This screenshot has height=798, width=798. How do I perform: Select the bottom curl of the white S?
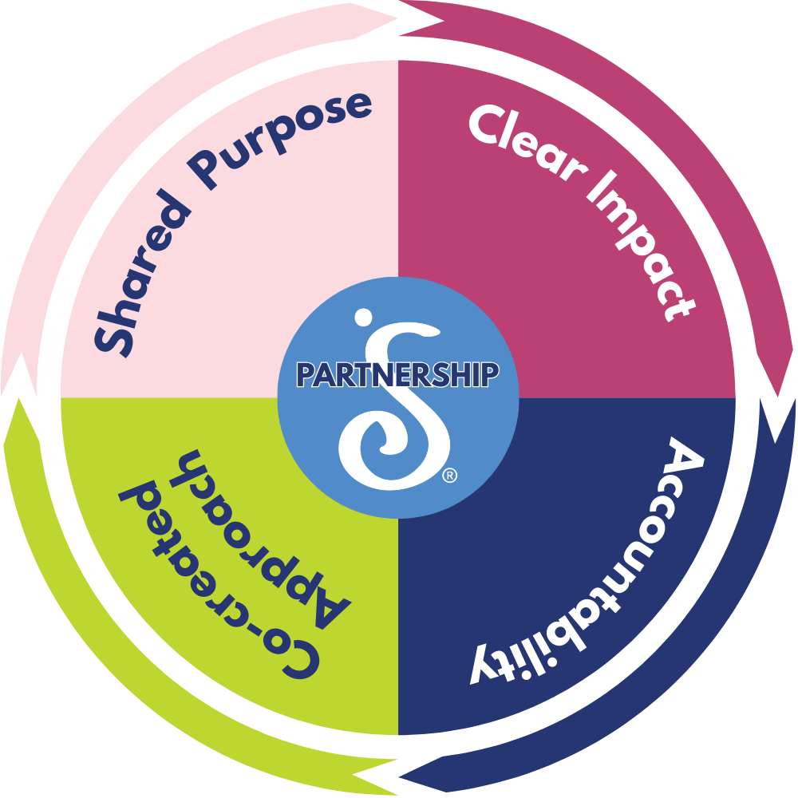(375, 451)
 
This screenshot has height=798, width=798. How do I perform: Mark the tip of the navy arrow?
(399, 777)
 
